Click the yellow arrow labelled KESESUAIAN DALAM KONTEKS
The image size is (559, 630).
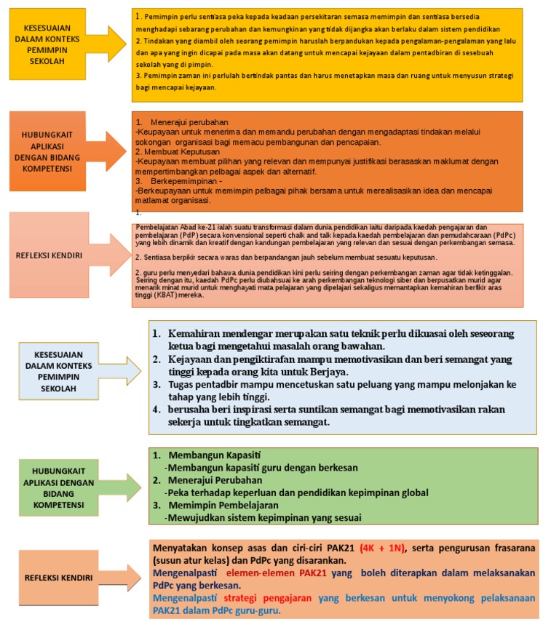(58, 44)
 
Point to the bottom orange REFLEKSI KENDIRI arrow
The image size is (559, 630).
(69, 578)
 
